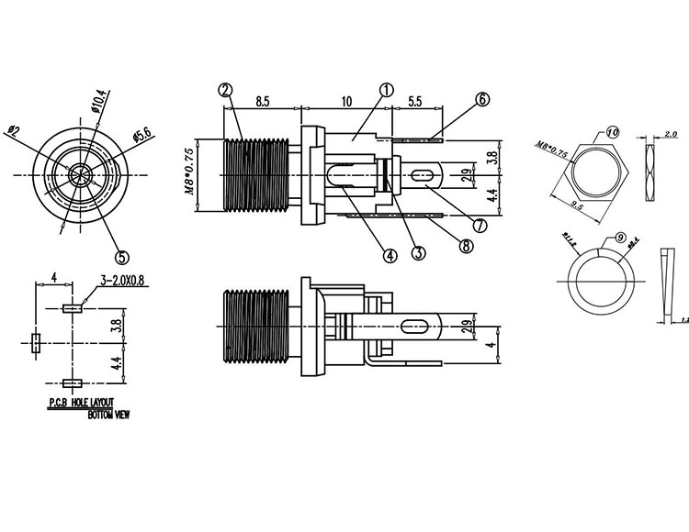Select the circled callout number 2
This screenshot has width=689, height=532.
pyautogui.click(x=225, y=90)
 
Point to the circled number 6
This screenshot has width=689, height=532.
pyautogui.click(x=482, y=101)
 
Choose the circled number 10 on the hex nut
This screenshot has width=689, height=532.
pyautogui.click(x=613, y=132)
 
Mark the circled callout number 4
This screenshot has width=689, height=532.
pyautogui.click(x=390, y=257)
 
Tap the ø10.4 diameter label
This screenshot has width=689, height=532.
pyautogui.click(x=99, y=102)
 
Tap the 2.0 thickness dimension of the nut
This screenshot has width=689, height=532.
pyautogui.click(x=670, y=133)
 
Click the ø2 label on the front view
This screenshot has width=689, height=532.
pyautogui.click(x=13, y=130)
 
